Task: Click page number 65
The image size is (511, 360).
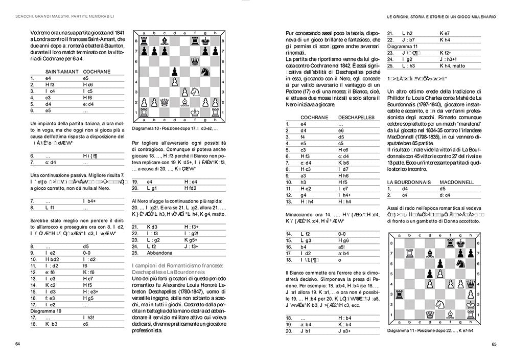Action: (x=494, y=344)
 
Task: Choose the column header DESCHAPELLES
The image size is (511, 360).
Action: (x=356, y=117)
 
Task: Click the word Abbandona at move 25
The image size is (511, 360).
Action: (x=148, y=253)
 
